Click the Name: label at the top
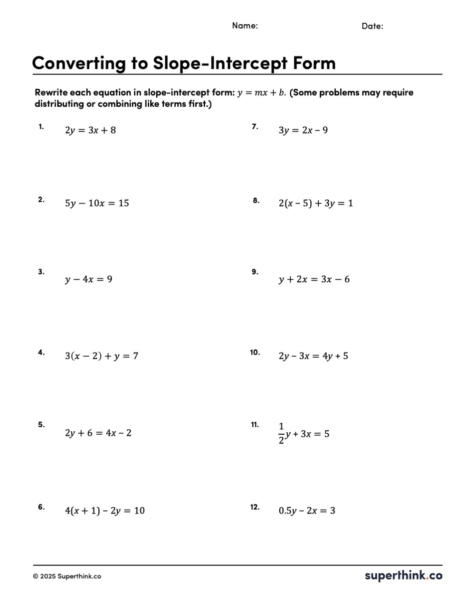click(245, 26)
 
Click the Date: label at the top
click(372, 26)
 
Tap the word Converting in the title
click(79, 63)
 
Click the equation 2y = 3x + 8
click(90, 130)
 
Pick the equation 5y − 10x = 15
click(97, 204)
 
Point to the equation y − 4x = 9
click(89, 279)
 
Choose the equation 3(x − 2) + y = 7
click(102, 356)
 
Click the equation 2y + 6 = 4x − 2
click(98, 433)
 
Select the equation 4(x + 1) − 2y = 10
click(105, 511)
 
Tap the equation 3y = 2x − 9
click(303, 130)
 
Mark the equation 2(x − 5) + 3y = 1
click(316, 204)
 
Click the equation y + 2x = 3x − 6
click(314, 279)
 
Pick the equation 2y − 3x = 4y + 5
click(313, 356)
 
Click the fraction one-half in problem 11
click(281, 433)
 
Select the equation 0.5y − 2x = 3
click(307, 511)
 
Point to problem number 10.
click(255, 352)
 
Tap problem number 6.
click(41, 507)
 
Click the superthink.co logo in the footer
click(403, 576)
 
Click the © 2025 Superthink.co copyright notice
click(67, 577)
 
